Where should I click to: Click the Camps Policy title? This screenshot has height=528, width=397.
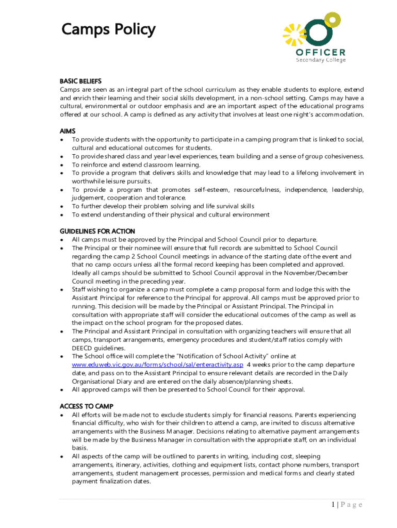(x=108, y=29)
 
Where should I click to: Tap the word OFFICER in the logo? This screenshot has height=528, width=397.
(x=321, y=52)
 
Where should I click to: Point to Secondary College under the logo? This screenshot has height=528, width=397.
(x=321, y=60)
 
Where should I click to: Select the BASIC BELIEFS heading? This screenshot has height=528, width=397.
(x=80, y=81)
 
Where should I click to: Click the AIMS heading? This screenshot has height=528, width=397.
(x=68, y=131)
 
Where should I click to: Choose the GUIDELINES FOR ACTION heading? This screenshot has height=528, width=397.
(x=97, y=231)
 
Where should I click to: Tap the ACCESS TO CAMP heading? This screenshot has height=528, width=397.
(x=87, y=406)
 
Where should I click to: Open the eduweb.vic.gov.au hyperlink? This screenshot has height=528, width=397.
(x=157, y=365)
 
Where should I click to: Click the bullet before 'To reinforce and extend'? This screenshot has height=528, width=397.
(x=62, y=165)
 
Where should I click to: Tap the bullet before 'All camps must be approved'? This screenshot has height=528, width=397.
(x=62, y=240)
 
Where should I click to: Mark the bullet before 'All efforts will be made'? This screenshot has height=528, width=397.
(x=62, y=415)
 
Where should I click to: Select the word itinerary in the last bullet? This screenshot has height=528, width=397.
(x=131, y=465)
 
